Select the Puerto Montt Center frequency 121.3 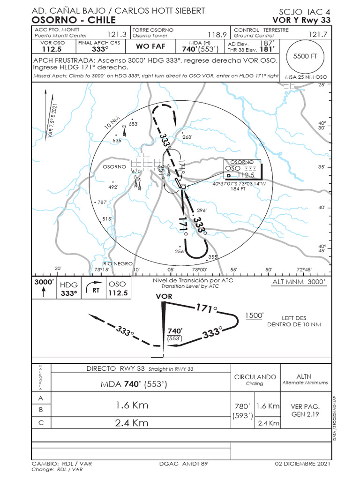(117, 35)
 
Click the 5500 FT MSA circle (305, 56)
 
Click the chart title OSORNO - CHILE (74, 20)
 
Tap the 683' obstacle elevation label (134, 124)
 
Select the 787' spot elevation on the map (103, 202)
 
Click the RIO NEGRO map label (118, 264)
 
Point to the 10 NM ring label (112, 123)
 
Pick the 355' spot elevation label (213, 257)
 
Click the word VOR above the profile (164, 296)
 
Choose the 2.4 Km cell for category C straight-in (131, 423)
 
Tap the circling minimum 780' (243, 406)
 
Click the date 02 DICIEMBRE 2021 (302, 464)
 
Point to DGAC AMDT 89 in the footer (183, 464)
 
